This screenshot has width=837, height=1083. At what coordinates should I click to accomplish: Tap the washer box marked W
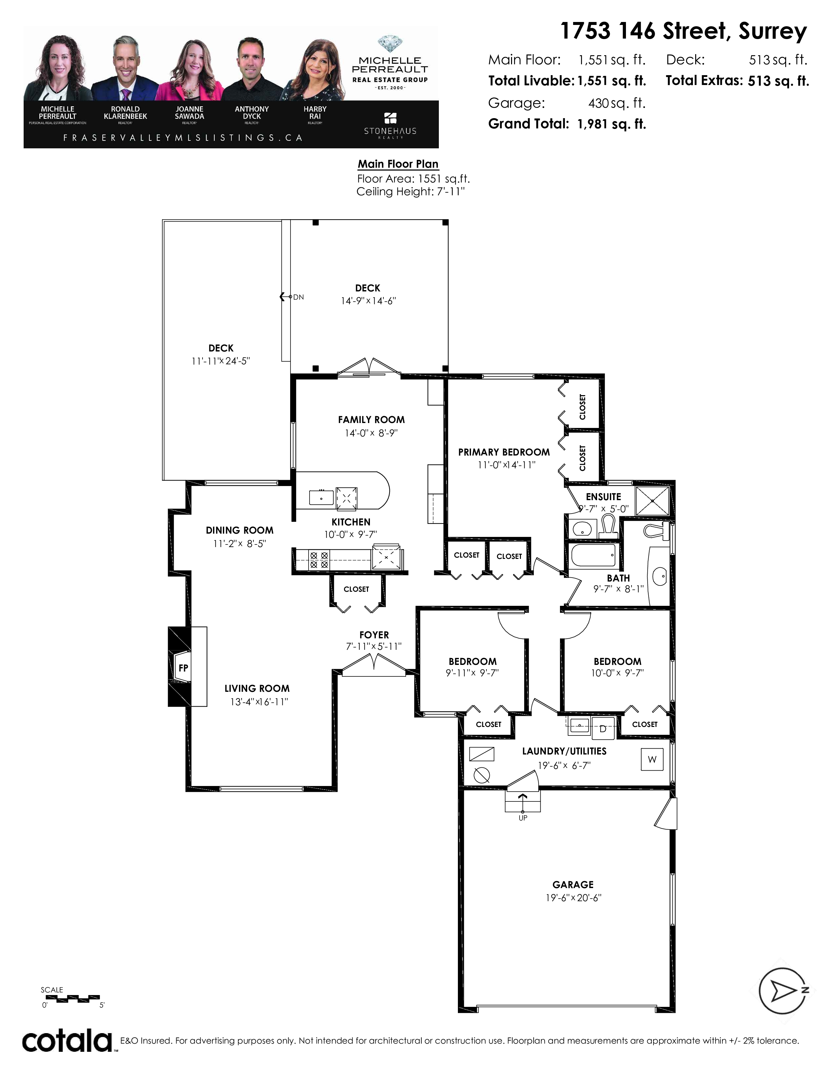coord(652,759)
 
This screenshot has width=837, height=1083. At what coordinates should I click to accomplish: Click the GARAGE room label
coord(573,885)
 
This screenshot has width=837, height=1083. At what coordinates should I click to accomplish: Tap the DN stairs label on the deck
coord(298,297)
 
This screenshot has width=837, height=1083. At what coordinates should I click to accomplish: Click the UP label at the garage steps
coord(523,818)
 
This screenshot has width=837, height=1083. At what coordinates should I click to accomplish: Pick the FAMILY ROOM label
coord(371,419)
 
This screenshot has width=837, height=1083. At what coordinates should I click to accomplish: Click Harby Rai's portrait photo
coord(315,70)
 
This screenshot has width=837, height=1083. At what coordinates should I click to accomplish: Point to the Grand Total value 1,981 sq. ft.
coord(612,124)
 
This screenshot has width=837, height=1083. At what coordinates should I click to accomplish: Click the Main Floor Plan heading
coord(398,164)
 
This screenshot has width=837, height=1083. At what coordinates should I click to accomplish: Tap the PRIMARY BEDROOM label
coord(504,452)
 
